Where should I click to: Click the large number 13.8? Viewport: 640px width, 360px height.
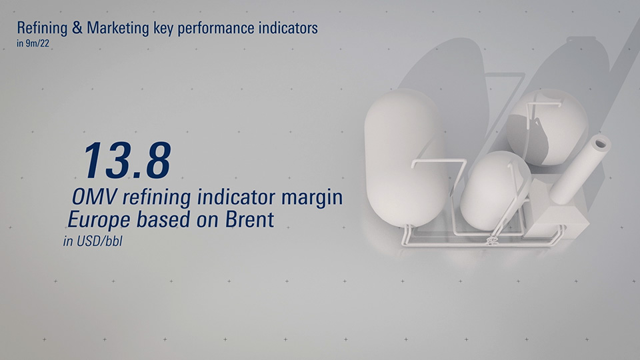click(x=127, y=160)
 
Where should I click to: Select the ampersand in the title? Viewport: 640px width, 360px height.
click(x=77, y=28)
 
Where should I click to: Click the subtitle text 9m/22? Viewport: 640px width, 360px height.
click(x=37, y=43)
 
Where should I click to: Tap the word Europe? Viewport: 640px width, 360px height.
click(x=99, y=221)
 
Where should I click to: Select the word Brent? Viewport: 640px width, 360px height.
click(x=249, y=219)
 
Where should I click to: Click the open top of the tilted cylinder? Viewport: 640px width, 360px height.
click(x=600, y=144)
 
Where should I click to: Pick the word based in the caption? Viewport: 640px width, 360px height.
click(x=163, y=219)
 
